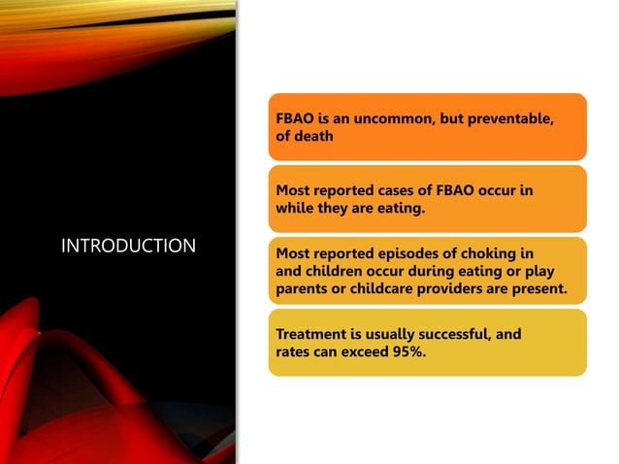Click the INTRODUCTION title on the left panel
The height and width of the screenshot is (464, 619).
pyautogui.click(x=128, y=247)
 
